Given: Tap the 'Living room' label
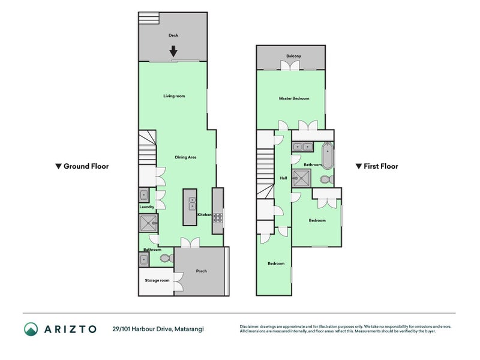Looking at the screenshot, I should pyautogui.click(x=174, y=96).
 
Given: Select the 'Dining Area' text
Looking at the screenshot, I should pyautogui.click(x=186, y=157).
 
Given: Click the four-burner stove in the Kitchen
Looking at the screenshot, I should pyautogui.click(x=218, y=218).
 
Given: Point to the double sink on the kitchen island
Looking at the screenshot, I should pyautogui.click(x=192, y=203).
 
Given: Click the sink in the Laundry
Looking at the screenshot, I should pyautogui.click(x=144, y=194).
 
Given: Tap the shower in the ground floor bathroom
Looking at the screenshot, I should pyautogui.click(x=147, y=224).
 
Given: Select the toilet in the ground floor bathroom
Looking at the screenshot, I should pyautogui.click(x=166, y=259).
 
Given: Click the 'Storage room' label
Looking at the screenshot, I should pyautogui.click(x=157, y=280).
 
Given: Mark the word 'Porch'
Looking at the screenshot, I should pyautogui.click(x=202, y=271).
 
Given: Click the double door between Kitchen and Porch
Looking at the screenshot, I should pyautogui.click(x=190, y=242).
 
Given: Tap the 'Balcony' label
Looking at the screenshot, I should pyautogui.click(x=293, y=56).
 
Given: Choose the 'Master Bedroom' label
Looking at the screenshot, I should pyautogui.click(x=294, y=98).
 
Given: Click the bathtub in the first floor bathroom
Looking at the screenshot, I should pyautogui.click(x=328, y=155).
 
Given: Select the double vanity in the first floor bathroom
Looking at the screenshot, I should pyautogui.click(x=302, y=146).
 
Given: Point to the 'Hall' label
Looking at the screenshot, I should pyautogui.click(x=283, y=178).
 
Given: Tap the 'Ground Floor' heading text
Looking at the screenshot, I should pyautogui.click(x=86, y=166).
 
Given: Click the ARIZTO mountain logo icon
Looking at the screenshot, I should pyautogui.click(x=31, y=329).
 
